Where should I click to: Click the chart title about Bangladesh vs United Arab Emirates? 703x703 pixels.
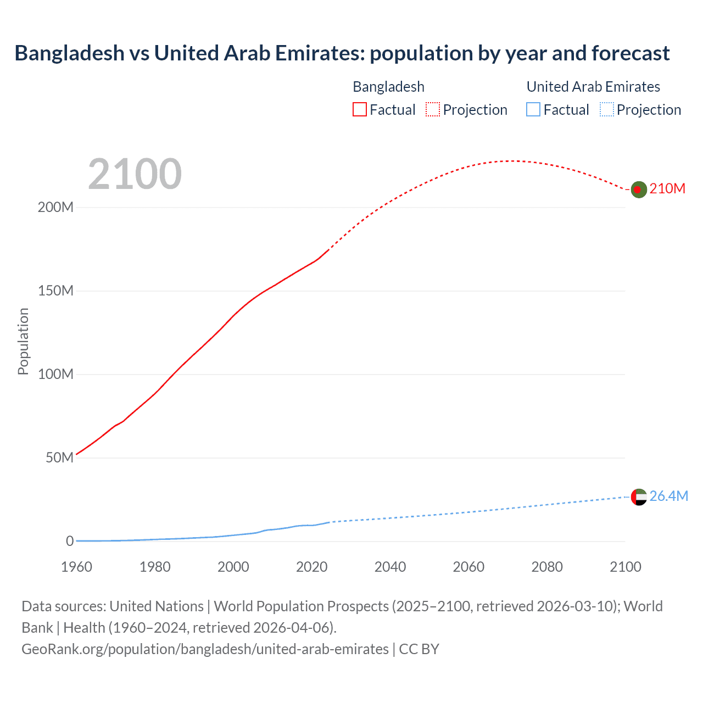(x=342, y=53)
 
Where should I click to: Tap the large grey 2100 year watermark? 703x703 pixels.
(x=135, y=174)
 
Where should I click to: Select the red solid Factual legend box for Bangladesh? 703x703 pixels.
(x=359, y=109)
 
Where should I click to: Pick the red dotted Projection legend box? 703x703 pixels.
(x=433, y=109)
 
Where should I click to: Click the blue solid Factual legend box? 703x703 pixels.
(x=533, y=109)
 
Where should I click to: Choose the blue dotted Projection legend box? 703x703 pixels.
(x=607, y=109)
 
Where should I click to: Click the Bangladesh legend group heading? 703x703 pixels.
(x=388, y=87)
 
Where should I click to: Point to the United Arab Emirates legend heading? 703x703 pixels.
(x=593, y=87)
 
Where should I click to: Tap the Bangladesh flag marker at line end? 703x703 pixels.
(x=638, y=189)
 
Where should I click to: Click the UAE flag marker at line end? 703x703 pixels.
(x=638, y=496)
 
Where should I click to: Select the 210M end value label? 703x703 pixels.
(x=667, y=188)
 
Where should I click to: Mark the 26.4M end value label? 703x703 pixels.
(x=668, y=496)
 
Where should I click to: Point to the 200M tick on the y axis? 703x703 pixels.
(x=55, y=208)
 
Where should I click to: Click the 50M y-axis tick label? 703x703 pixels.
(x=59, y=457)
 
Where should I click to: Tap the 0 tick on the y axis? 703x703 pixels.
(x=69, y=541)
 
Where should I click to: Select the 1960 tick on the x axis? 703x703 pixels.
(x=76, y=567)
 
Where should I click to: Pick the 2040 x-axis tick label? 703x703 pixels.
(x=390, y=567)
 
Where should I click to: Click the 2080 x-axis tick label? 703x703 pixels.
(x=547, y=567)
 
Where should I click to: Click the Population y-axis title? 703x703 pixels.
(x=23, y=341)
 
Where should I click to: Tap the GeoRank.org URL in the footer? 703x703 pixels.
(x=205, y=649)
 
